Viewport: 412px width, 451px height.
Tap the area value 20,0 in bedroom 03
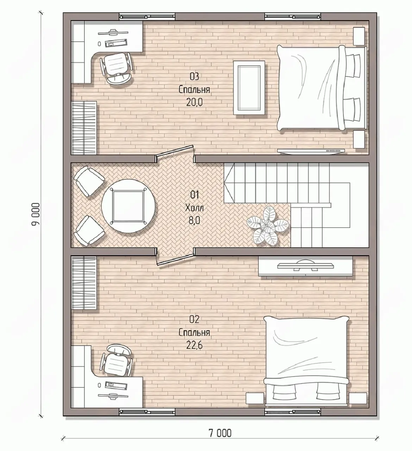(194, 103)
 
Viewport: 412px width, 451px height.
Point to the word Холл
(194, 208)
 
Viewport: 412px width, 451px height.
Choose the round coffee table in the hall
(128, 206)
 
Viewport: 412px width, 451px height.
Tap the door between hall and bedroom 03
(175, 153)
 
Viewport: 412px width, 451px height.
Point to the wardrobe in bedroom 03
(84, 128)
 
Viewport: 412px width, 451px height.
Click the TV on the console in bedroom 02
(306, 266)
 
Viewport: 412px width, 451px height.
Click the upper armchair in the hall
(89, 181)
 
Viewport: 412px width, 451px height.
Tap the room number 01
(194, 195)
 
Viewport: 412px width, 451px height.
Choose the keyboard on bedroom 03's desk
(116, 43)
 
